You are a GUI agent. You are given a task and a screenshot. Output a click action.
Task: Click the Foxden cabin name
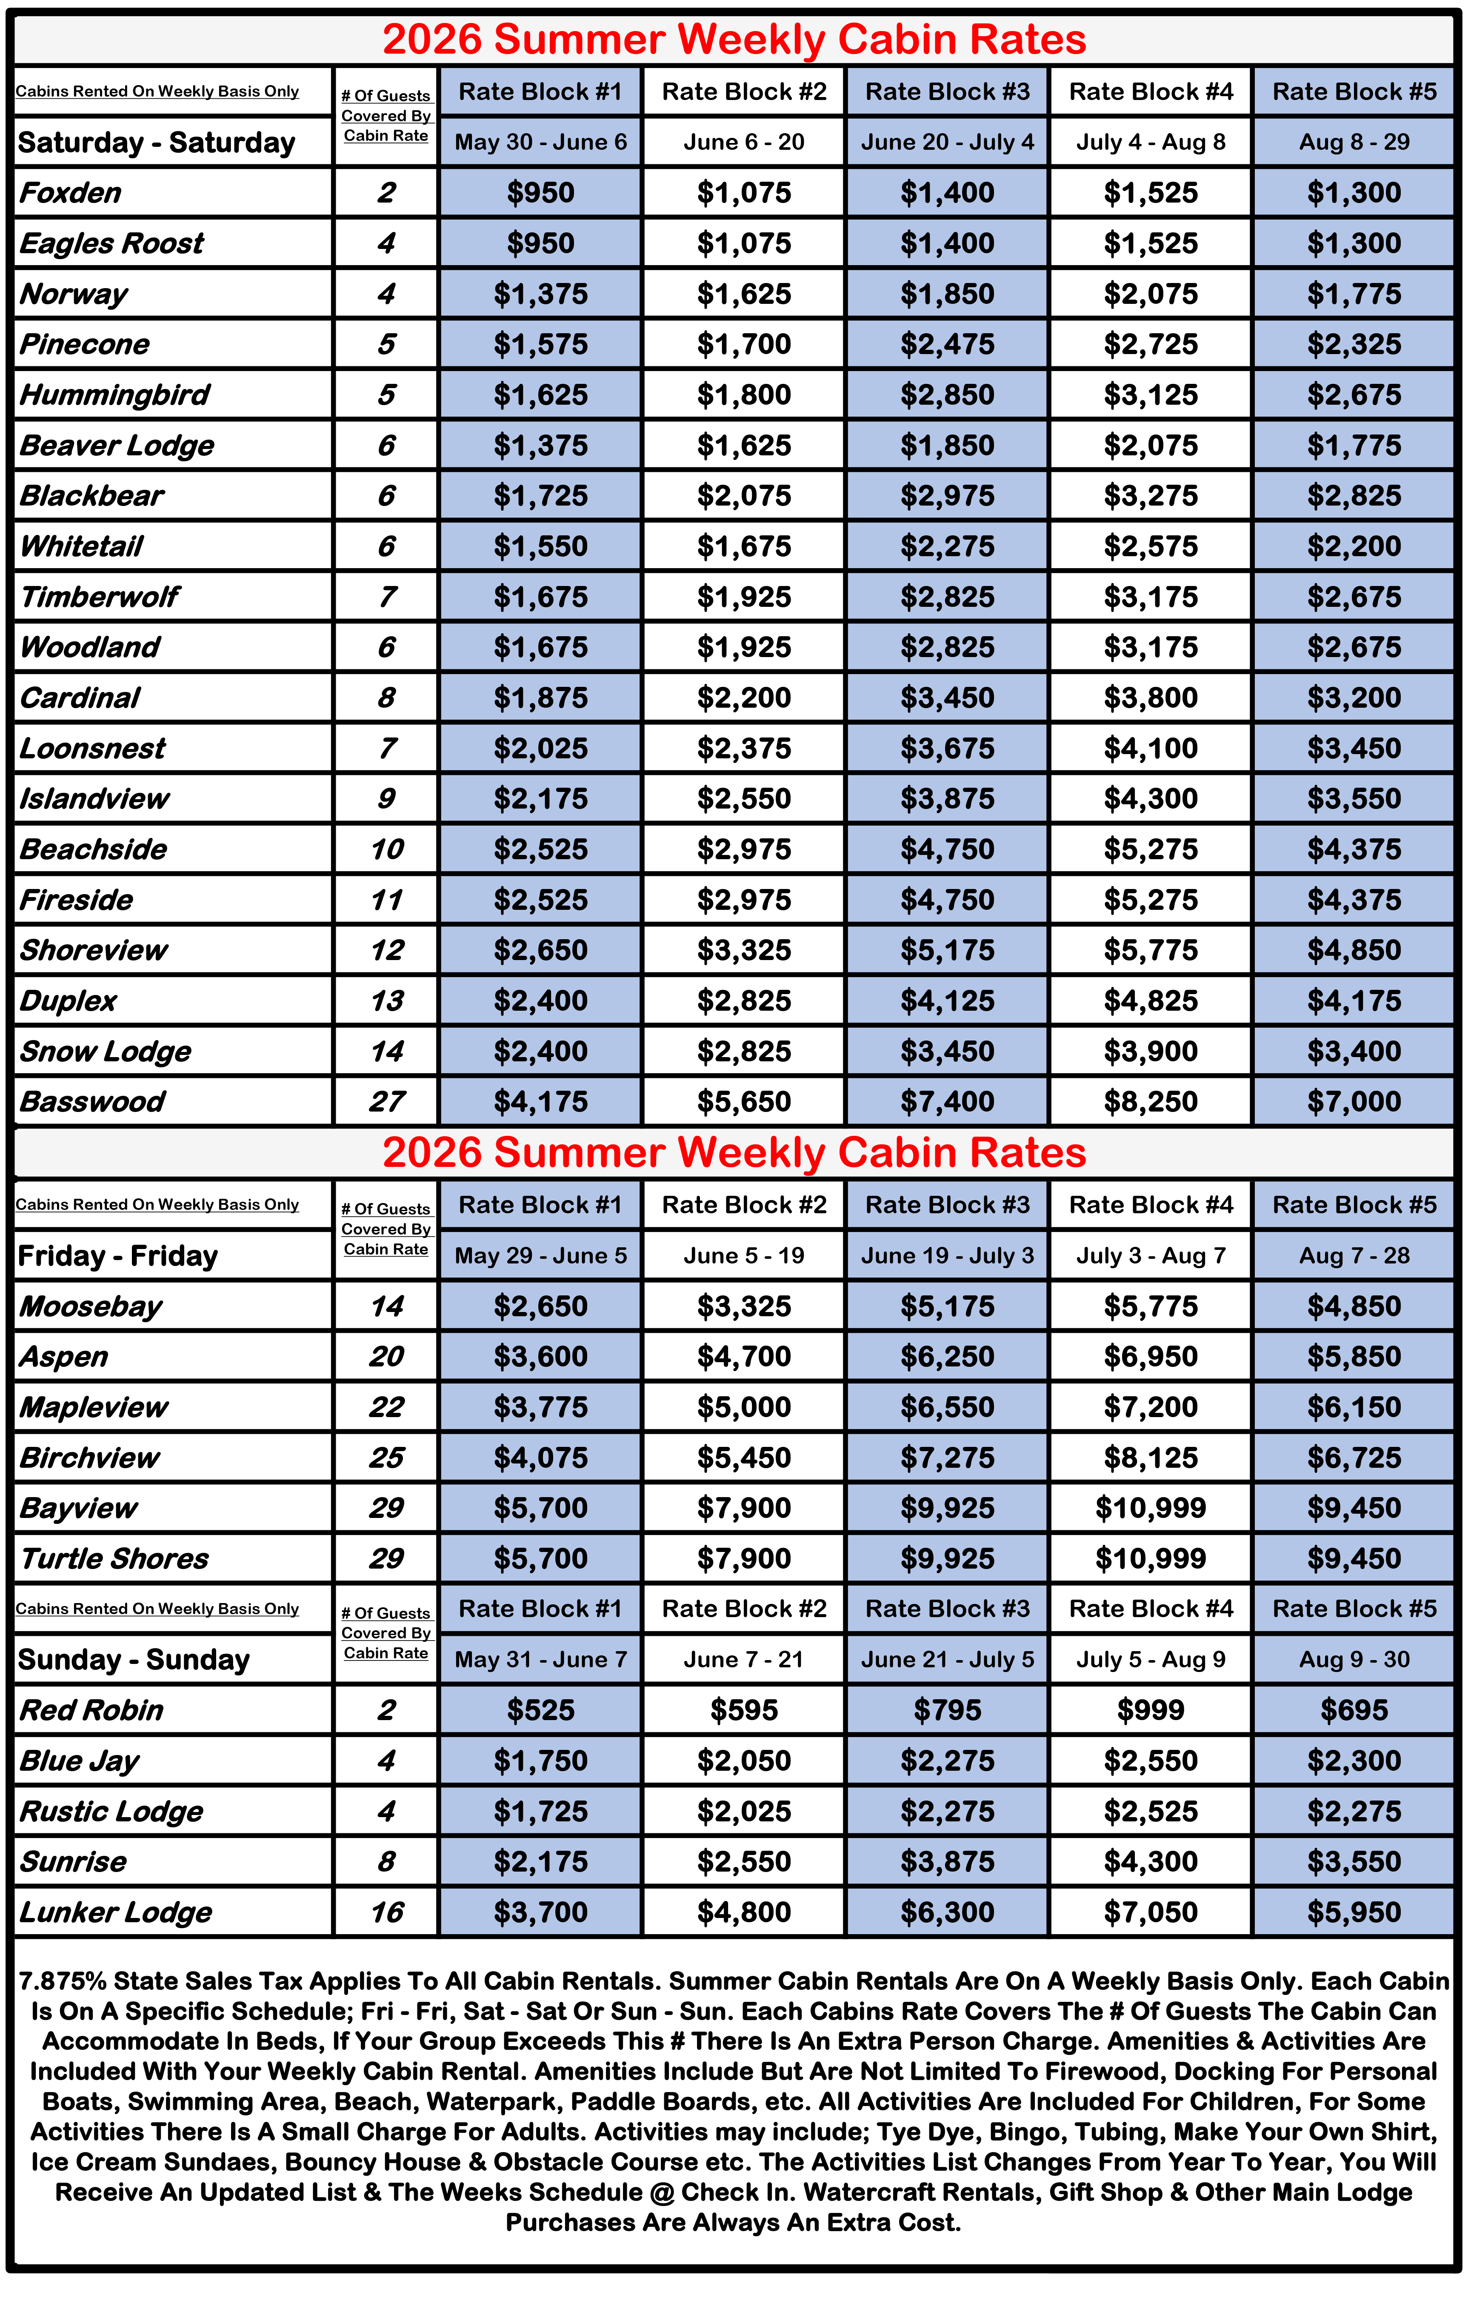pyautogui.click(x=71, y=193)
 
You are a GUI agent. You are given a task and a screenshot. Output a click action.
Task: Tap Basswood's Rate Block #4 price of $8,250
pyautogui.click(x=1150, y=1101)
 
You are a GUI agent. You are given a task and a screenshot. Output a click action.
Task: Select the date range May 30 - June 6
pyautogui.click(x=540, y=142)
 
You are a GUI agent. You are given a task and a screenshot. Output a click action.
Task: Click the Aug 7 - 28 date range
pyautogui.click(x=1354, y=1255)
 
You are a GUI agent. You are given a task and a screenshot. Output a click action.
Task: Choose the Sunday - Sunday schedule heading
pyautogui.click(x=134, y=1660)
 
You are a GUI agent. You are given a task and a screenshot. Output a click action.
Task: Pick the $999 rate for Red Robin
pyautogui.click(x=1150, y=1710)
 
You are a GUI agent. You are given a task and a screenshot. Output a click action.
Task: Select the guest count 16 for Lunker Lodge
pyautogui.click(x=386, y=1912)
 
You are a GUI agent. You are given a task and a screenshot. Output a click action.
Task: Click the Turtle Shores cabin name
pyautogui.click(x=114, y=1558)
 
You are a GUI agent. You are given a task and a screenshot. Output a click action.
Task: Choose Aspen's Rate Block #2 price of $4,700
pyautogui.click(x=743, y=1356)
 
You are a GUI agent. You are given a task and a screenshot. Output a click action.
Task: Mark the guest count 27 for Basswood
pyautogui.click(x=386, y=1101)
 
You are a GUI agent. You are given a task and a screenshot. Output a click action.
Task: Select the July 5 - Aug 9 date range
pyautogui.click(x=1150, y=1660)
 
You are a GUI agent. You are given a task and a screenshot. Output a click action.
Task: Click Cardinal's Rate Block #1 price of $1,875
pyautogui.click(x=540, y=697)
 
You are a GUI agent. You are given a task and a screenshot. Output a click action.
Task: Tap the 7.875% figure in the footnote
pyautogui.click(x=62, y=1981)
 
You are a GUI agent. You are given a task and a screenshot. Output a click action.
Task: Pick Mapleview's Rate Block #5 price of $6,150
pyautogui.click(x=1354, y=1406)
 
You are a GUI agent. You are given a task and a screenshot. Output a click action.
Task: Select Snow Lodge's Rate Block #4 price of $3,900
pyautogui.click(x=1150, y=1051)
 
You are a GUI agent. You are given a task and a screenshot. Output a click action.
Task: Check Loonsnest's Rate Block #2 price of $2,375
pyautogui.click(x=743, y=748)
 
